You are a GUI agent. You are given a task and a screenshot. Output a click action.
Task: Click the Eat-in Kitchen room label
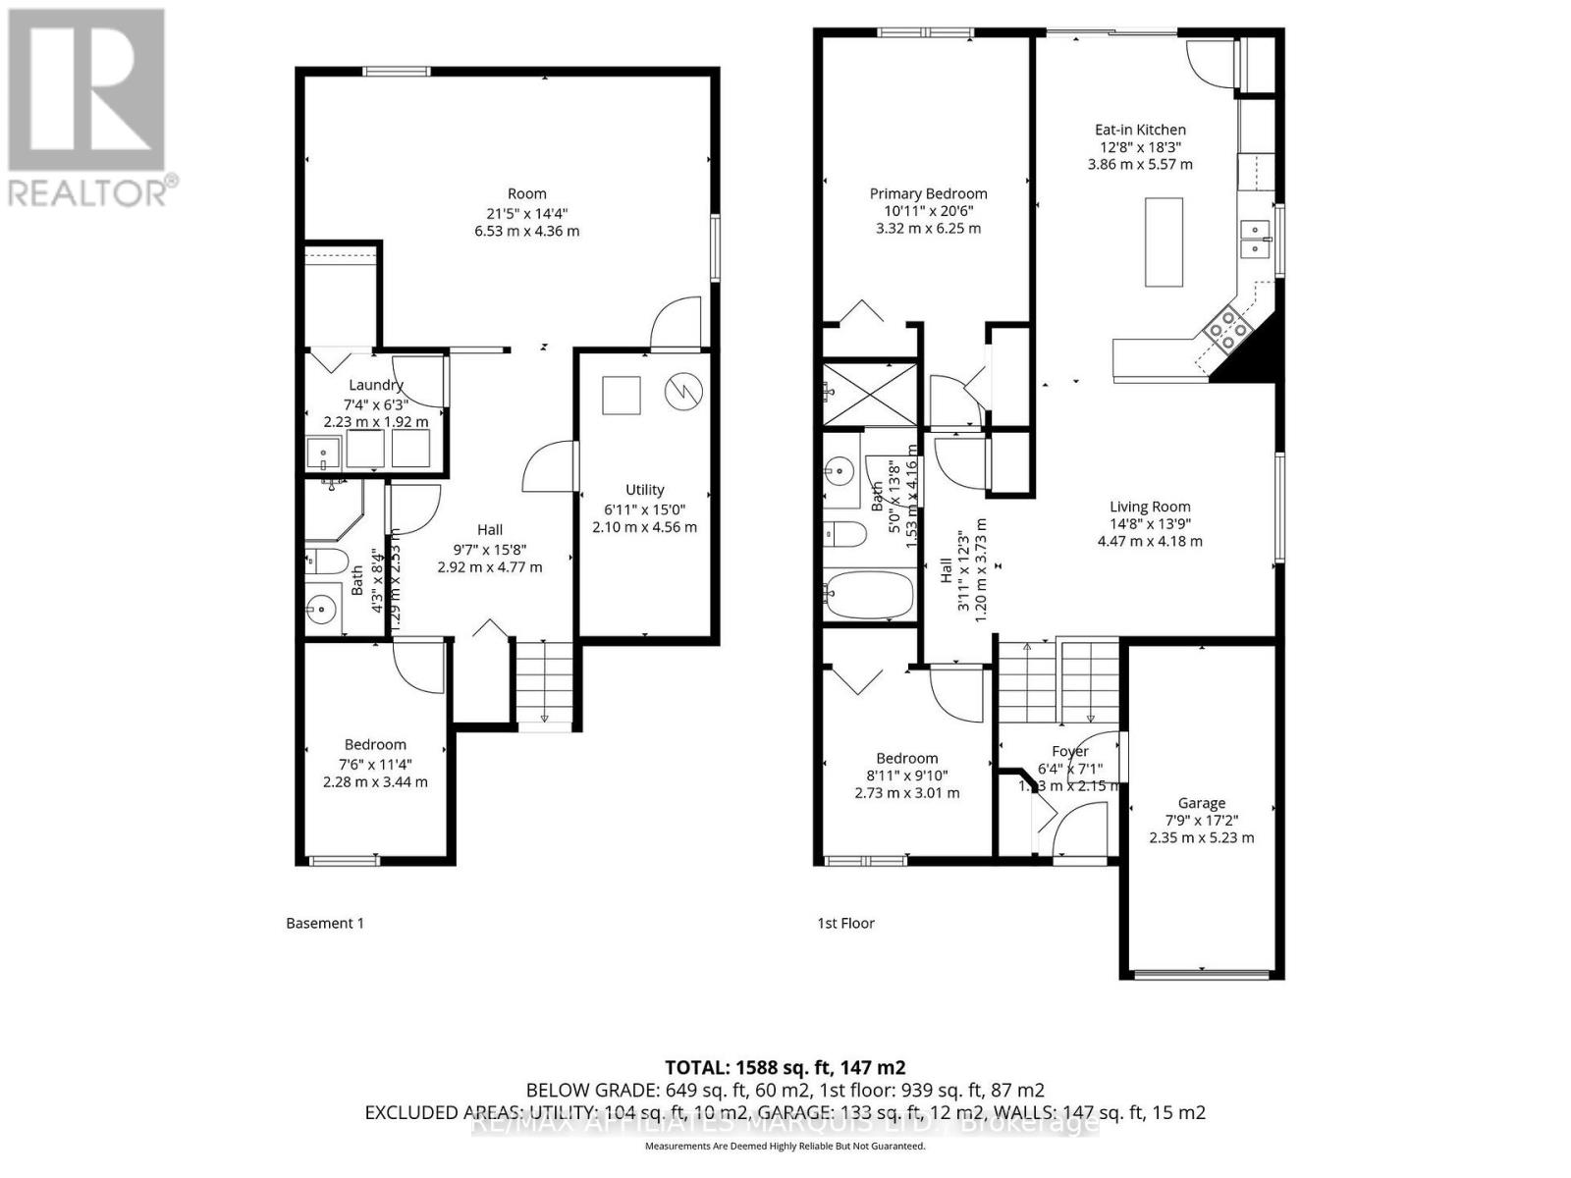point(1140,130)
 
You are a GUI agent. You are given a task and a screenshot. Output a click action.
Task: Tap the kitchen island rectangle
point(1165,241)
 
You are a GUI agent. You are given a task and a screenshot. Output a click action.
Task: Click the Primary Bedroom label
point(928,193)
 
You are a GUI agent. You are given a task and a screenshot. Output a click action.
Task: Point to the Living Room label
point(1149,508)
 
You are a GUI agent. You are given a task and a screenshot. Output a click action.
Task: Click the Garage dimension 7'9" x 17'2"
point(1201,821)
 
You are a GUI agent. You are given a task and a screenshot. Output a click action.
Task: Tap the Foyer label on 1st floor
point(1069,751)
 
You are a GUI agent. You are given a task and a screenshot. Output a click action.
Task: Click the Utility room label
point(644,490)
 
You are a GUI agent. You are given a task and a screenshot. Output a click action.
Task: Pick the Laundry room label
point(375,385)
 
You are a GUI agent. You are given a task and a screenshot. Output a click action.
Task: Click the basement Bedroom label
point(374,745)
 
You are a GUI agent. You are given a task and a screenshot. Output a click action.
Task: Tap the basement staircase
point(544,683)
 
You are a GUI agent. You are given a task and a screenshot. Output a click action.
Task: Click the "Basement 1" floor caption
point(324,923)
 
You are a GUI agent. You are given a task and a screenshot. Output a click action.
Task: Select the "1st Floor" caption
point(845,923)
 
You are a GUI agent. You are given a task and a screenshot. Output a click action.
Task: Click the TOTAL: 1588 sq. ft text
point(785,1067)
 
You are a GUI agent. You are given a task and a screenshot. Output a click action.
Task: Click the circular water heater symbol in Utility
point(683,392)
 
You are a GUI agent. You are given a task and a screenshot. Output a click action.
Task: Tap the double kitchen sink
point(1254,239)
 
